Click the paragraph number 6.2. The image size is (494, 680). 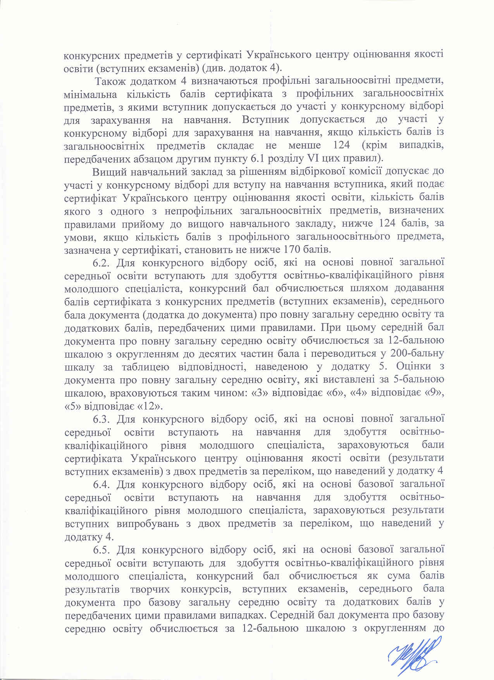[x=102, y=263]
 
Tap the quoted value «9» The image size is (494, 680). [x=431, y=393]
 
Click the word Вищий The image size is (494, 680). [x=106, y=171]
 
